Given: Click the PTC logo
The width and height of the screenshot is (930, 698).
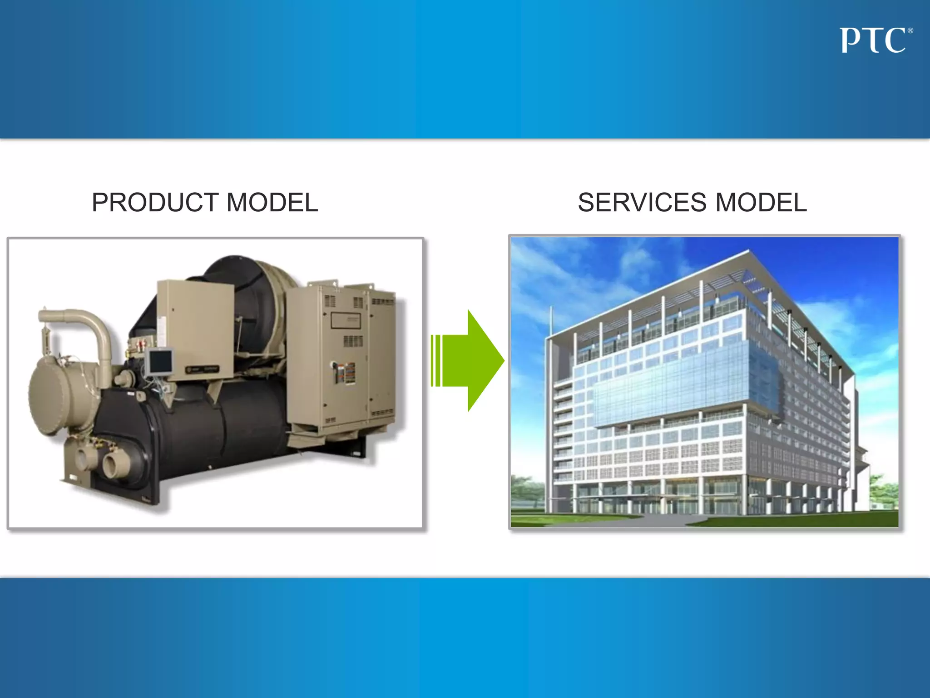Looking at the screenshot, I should pos(872,40).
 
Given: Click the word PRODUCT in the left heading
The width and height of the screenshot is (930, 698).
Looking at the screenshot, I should pos(155,202).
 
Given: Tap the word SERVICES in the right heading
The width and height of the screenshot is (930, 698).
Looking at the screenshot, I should pos(642,202).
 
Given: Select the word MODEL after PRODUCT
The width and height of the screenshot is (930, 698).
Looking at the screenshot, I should pos(272,202).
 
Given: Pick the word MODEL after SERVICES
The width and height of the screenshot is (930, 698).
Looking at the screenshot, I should pos(761,202).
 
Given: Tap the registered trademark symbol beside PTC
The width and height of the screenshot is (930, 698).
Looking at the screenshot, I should pos(910,31).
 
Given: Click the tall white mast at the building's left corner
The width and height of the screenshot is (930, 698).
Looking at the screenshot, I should pos(550,409).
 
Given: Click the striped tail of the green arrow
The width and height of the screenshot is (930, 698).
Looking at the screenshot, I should pos(436,361).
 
